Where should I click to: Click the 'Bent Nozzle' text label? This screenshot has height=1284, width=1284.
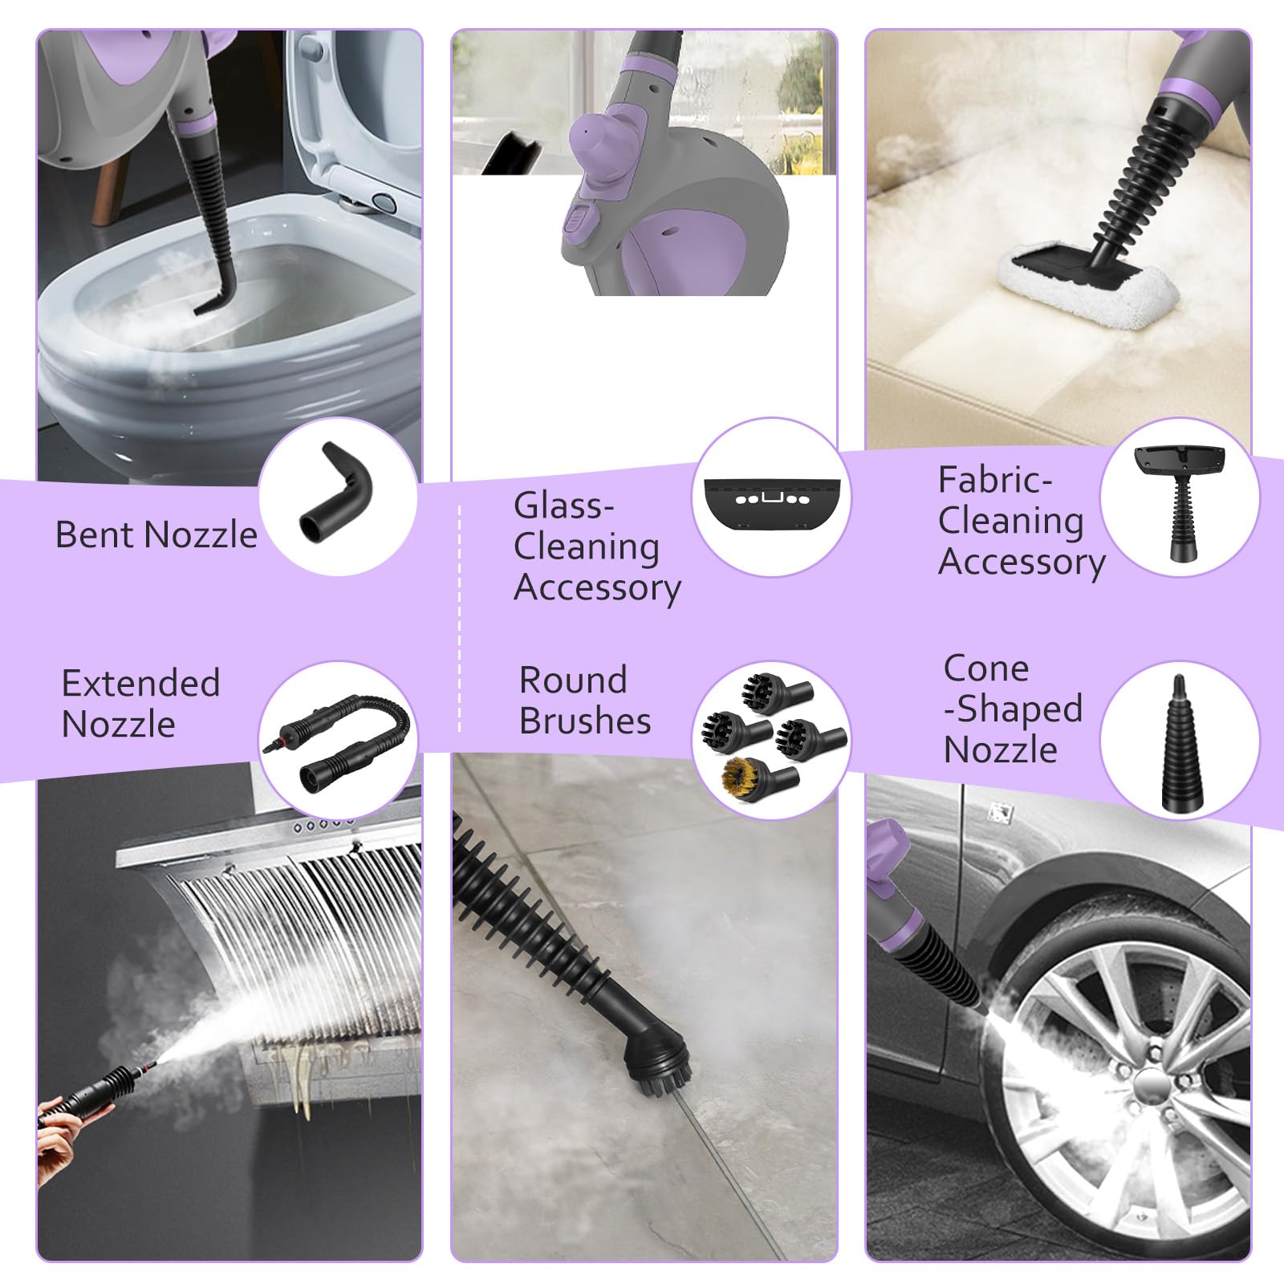tap(156, 535)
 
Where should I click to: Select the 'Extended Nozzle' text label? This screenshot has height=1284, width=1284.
tap(140, 704)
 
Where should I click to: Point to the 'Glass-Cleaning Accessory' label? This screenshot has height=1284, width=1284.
tap(596, 547)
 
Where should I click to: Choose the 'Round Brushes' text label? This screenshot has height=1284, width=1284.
tap(584, 701)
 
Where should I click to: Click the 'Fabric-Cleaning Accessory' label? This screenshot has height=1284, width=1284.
tap(1020, 521)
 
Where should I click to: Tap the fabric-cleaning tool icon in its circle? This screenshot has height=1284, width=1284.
tap(1179, 499)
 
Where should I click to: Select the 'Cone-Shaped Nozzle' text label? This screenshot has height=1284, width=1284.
tap(1012, 709)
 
